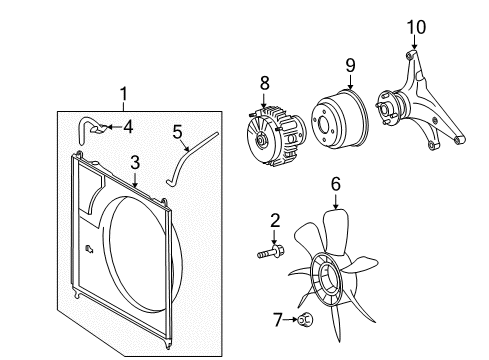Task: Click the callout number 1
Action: tap(123, 95)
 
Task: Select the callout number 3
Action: tap(134, 162)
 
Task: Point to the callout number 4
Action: tap(127, 127)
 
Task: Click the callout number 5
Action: tap(178, 130)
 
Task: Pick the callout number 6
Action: tap(336, 183)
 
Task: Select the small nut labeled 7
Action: tap(302, 320)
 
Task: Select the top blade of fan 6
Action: tap(337, 225)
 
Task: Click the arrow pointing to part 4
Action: tap(112, 127)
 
